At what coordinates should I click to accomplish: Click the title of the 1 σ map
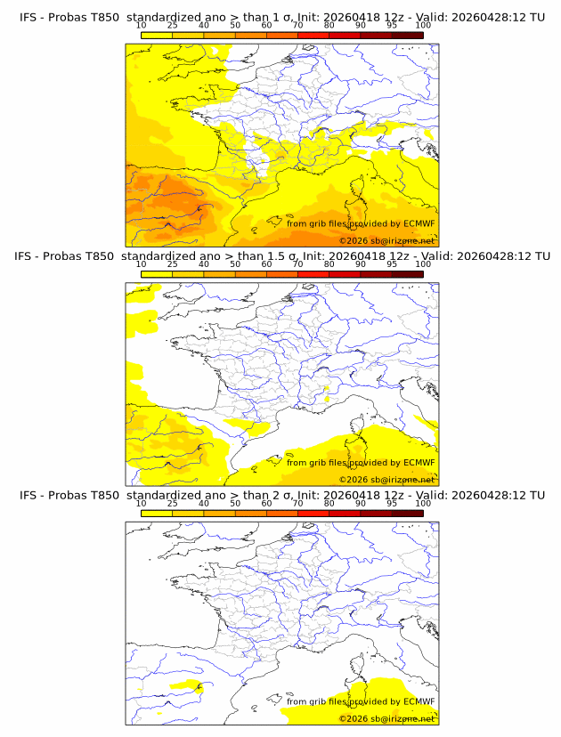(x=280, y=18)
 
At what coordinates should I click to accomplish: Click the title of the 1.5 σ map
(x=280, y=256)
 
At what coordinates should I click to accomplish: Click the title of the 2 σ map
(x=280, y=495)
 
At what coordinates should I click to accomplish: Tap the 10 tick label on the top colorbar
(x=142, y=27)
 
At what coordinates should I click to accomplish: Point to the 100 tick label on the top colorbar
(x=423, y=27)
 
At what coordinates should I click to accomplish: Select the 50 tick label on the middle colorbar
(x=235, y=265)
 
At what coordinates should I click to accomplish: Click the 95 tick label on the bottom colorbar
(x=392, y=504)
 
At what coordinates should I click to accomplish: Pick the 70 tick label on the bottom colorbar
(x=297, y=504)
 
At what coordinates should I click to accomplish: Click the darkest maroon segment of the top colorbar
(x=407, y=36)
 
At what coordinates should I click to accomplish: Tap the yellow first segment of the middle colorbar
(x=157, y=274)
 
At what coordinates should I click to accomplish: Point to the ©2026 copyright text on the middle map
(x=386, y=479)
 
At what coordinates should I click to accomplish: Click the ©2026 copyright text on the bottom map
(x=386, y=717)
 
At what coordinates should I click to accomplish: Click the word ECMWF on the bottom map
(x=419, y=701)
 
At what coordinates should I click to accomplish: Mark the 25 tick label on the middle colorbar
(x=173, y=265)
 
